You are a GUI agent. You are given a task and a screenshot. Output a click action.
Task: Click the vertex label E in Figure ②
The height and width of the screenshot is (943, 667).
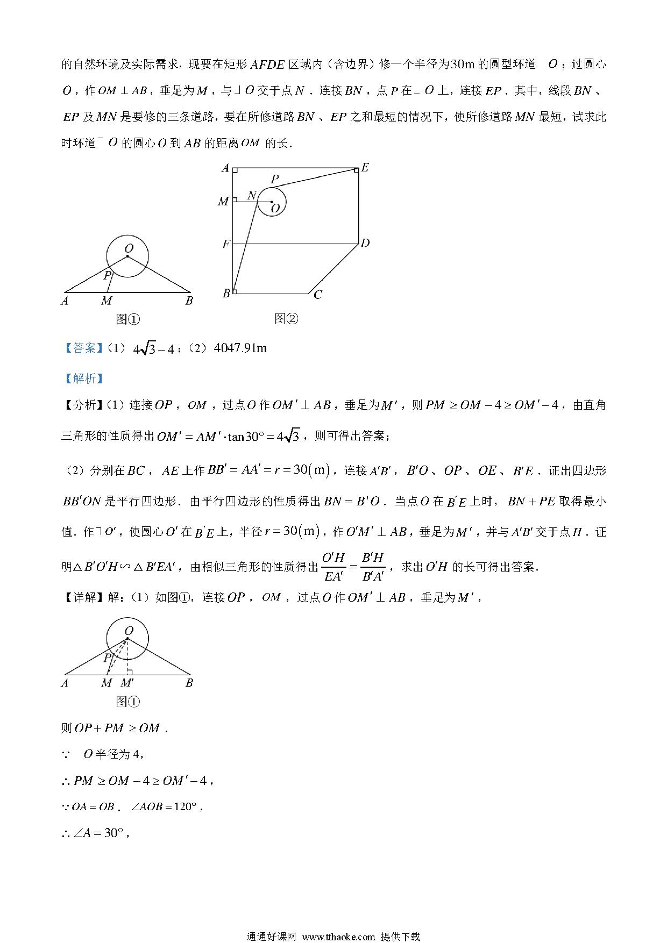365,167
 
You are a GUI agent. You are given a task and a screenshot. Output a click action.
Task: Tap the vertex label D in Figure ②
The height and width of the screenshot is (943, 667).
365,244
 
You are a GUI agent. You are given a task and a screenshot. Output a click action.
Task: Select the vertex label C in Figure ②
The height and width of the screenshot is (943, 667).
318,295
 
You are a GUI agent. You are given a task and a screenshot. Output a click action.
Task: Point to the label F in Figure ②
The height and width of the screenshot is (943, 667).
226,245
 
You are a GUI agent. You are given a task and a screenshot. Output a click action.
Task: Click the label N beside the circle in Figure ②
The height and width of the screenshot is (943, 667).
251,196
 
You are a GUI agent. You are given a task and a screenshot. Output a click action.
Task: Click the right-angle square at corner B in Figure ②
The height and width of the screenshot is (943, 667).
236,291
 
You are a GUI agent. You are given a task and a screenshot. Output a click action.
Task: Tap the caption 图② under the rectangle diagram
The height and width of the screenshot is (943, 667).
286,319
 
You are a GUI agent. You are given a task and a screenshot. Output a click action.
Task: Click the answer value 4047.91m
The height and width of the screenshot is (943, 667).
240,348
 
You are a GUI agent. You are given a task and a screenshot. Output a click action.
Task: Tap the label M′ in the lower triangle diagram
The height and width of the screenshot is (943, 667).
127,683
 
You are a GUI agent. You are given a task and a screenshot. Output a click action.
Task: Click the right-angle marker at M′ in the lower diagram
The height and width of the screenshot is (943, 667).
130,671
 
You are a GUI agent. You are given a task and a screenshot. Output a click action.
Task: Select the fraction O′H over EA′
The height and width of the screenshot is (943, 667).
334,567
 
